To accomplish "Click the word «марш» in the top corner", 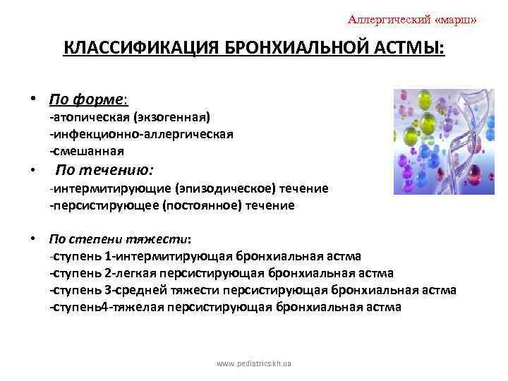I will click(x=454, y=20).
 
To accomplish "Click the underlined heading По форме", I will click(x=87, y=98).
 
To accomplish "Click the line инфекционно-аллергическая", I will click(x=141, y=133).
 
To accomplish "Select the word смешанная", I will click(x=87, y=150).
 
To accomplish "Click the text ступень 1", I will click(x=79, y=256).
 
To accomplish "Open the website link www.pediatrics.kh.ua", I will click(x=254, y=363).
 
